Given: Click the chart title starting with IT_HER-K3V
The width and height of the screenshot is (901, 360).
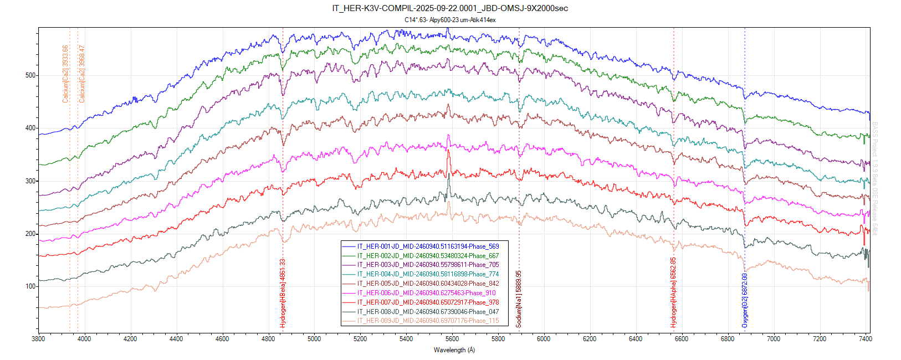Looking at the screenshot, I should pyautogui.click(x=450, y=8).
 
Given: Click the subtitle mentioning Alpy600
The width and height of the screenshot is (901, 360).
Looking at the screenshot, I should pyautogui.click(x=450, y=20).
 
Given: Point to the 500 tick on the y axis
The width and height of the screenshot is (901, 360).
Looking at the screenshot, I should pyautogui.click(x=30, y=75).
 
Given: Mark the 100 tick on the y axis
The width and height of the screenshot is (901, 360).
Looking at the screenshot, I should pyautogui.click(x=30, y=286).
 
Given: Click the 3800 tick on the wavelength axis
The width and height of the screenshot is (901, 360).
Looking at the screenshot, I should pyautogui.click(x=38, y=338).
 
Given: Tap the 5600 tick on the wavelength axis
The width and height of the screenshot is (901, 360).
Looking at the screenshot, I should pyautogui.click(x=452, y=338).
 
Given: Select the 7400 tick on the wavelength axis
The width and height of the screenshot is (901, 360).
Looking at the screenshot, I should pyautogui.click(x=865, y=338).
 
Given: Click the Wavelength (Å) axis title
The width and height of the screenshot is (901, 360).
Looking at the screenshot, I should pyautogui.click(x=454, y=350).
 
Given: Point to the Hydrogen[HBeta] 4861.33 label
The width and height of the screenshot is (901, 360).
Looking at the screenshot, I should pyautogui.click(x=283, y=293).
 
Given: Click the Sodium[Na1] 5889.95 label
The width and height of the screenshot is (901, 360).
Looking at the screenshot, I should pyautogui.click(x=519, y=299).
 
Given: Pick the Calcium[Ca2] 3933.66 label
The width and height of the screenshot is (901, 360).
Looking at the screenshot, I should pyautogui.click(x=65, y=74).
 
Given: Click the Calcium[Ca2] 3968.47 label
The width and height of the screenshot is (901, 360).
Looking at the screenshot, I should pyautogui.click(x=82, y=74).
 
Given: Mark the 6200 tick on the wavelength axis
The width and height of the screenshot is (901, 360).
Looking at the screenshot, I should pyautogui.click(x=590, y=338).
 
